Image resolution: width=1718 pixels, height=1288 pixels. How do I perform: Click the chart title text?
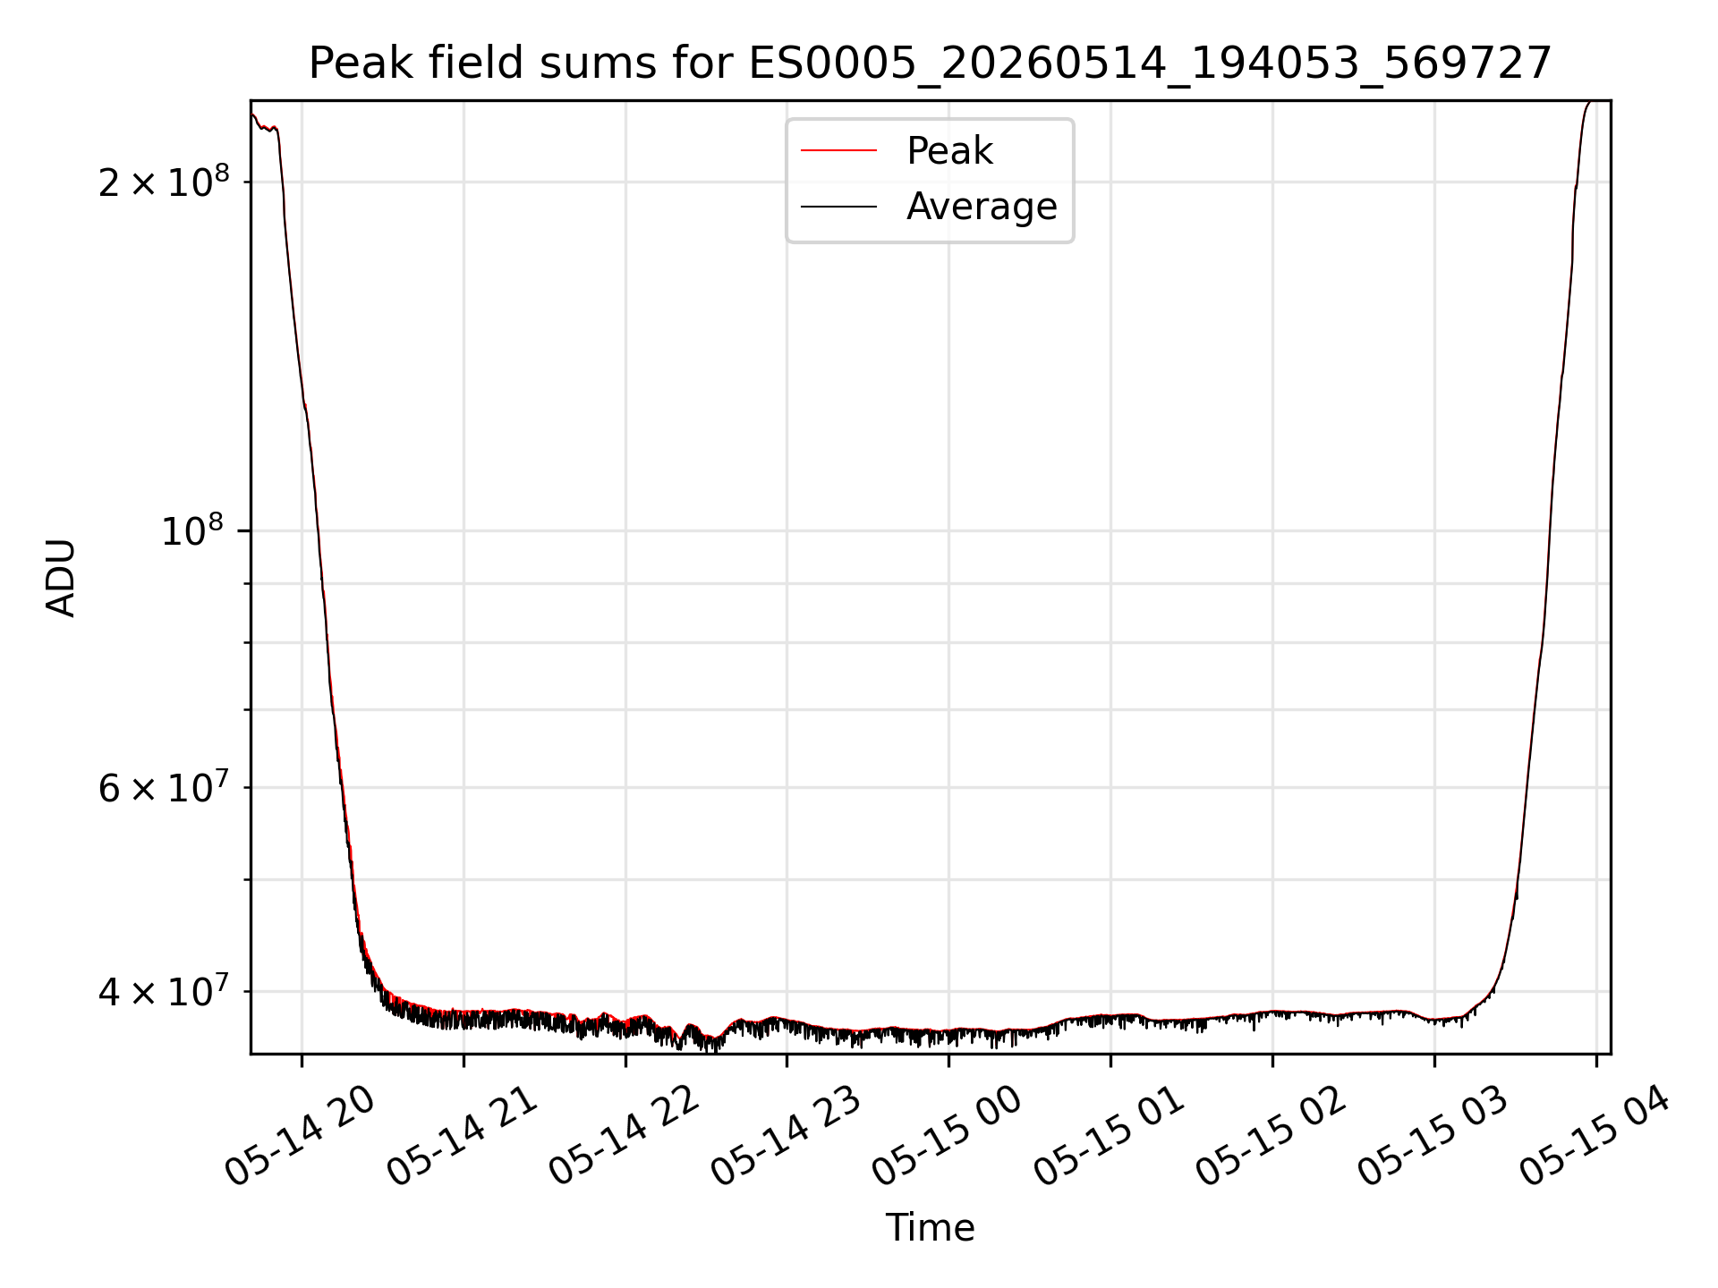[x=930, y=64]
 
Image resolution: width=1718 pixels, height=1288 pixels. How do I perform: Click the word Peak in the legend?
[x=949, y=151]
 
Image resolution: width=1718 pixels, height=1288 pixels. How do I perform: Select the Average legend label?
[x=982, y=207]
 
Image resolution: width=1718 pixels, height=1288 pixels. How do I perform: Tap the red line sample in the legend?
[x=838, y=151]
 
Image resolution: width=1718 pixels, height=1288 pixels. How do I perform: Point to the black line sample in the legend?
[x=838, y=207]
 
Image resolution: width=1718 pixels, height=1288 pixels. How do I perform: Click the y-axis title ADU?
[x=61, y=578]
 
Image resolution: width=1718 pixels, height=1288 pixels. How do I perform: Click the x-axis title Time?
[x=930, y=1227]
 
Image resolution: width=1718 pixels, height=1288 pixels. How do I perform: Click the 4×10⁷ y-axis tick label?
[x=164, y=990]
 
